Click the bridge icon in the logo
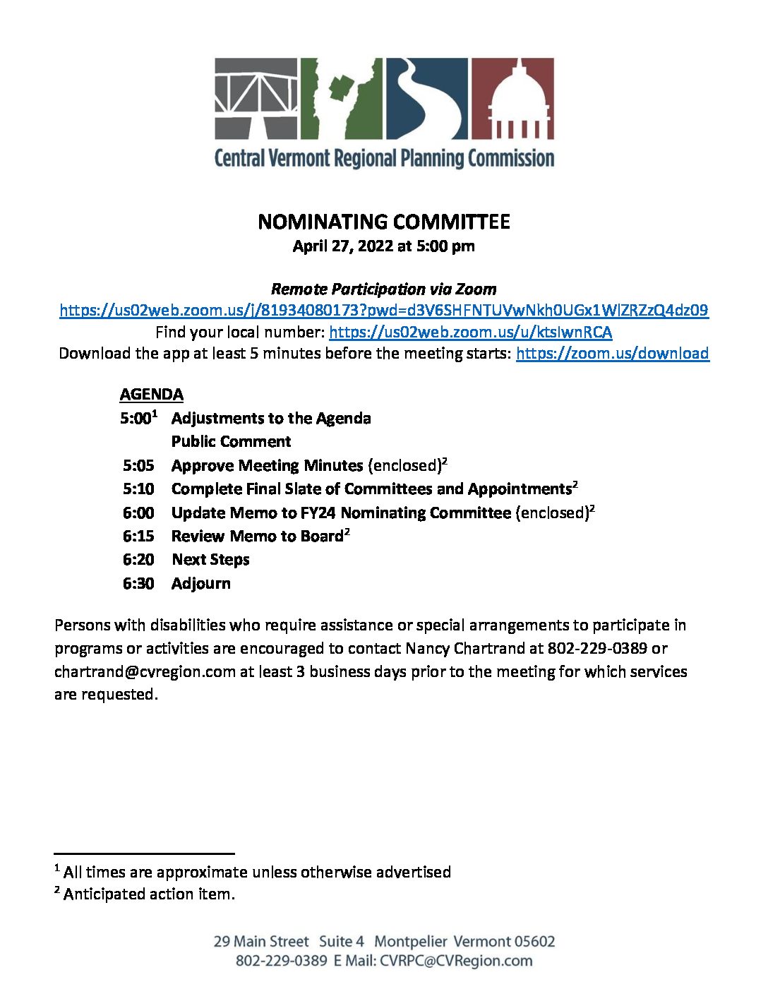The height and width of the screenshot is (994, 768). coord(256,98)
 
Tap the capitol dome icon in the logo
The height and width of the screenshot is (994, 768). coord(512,98)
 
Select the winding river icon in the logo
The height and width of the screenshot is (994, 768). coord(426,98)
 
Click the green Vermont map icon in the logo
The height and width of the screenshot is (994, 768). coord(342,98)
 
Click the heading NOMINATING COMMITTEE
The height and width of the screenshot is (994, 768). coord(383,222)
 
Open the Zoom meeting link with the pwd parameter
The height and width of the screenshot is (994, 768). coord(383,310)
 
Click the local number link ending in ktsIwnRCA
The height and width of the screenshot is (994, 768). coord(470,332)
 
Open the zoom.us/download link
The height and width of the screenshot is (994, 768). coord(612,353)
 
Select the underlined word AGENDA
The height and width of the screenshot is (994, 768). coord(151,394)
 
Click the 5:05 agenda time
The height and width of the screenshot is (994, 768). coord(138,465)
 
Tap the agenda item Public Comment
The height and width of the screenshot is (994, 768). coord(231,441)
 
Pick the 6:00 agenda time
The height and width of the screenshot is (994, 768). coord(138,513)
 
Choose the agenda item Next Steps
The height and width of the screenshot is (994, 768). coord(210,560)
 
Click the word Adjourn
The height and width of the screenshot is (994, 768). coord(200,583)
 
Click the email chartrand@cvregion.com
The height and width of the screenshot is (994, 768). coord(145,671)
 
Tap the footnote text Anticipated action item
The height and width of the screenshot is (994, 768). coord(148,894)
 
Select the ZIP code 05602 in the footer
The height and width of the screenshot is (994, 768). coord(534,941)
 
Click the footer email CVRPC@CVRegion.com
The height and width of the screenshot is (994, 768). coord(456,961)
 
